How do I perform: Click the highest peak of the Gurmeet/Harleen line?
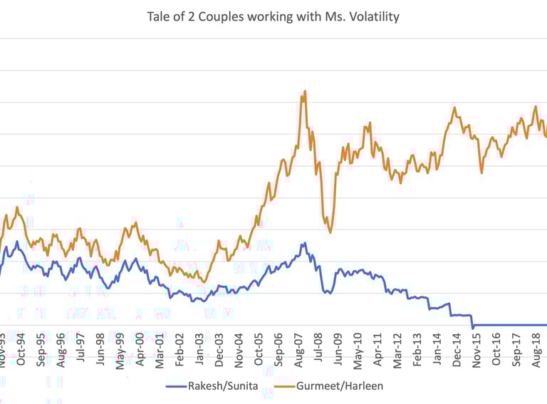[305, 91]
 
